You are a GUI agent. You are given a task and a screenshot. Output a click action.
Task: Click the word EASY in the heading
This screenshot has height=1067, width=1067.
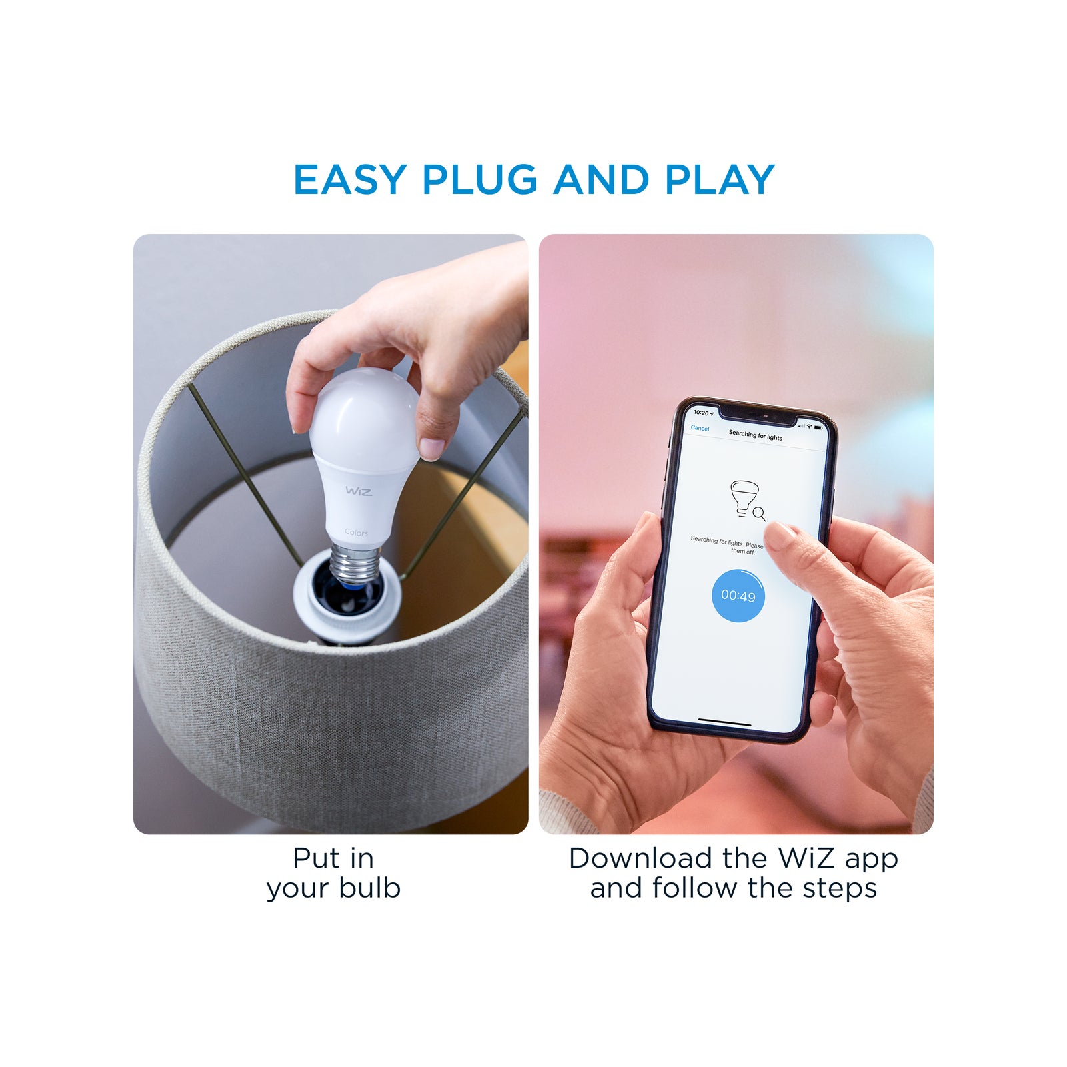[351, 180]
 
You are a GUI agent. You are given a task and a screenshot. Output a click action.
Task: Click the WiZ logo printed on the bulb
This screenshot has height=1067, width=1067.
[359, 491]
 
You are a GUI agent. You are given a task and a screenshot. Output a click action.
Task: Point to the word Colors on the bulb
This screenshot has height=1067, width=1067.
[356, 533]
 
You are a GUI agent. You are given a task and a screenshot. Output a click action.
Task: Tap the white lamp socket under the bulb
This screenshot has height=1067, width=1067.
[347, 604]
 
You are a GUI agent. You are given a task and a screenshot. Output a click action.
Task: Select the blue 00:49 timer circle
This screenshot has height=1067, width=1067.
[738, 596]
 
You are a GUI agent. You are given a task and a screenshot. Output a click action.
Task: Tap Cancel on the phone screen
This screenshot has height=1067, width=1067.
[700, 428]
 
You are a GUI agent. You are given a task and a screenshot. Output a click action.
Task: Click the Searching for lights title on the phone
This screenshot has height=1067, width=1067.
[755, 435]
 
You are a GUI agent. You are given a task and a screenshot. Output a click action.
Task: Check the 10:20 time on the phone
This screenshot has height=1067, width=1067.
[701, 413]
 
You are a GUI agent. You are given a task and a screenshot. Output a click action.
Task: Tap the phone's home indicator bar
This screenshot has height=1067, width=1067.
[724, 722]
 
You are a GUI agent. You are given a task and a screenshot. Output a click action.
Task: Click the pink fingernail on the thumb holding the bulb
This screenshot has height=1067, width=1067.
[431, 449]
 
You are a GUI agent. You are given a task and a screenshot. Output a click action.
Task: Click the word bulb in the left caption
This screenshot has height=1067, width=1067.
[369, 888]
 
